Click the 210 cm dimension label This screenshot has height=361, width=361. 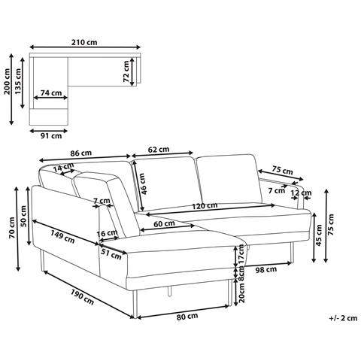[x=84, y=42]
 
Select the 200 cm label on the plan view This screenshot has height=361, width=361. [x=7, y=81]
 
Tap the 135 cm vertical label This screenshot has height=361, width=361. [x=18, y=81]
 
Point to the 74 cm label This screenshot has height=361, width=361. [x=51, y=93]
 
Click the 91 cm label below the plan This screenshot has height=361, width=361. [x=51, y=136]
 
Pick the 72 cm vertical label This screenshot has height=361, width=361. [x=126, y=71]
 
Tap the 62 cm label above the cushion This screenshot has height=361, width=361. [x=159, y=150]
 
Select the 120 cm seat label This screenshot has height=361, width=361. [x=205, y=206]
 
